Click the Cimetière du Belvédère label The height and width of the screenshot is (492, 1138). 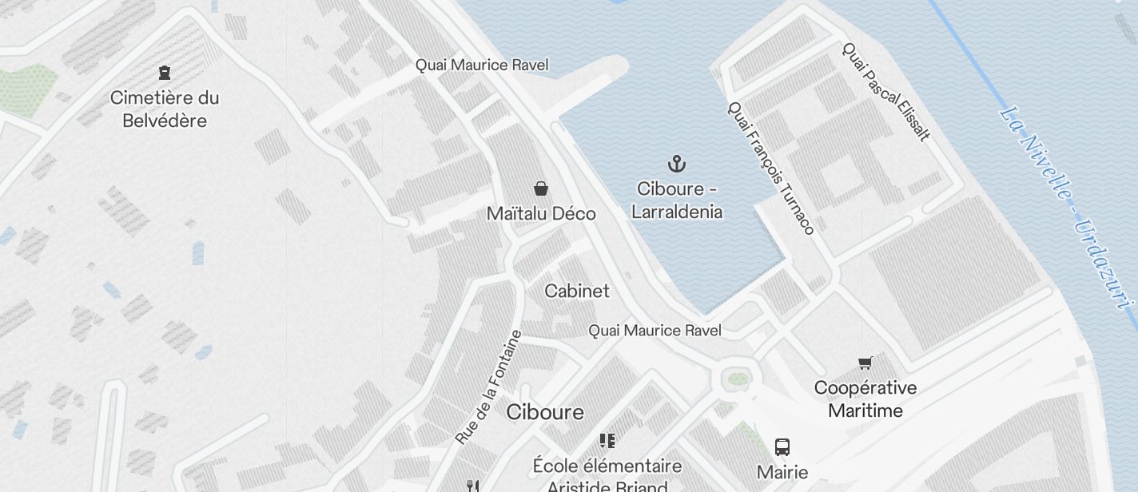[x=164, y=109]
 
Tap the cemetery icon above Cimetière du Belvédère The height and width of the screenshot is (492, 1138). [x=165, y=73]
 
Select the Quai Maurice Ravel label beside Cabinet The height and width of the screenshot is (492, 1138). [x=655, y=331]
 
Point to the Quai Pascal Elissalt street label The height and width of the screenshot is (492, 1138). [x=886, y=91]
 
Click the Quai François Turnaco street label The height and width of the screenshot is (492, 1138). [x=770, y=168]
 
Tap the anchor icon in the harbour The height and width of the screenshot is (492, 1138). [x=677, y=165]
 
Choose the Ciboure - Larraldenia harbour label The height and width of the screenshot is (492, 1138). [x=677, y=200]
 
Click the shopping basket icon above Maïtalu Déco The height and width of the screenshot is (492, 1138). [x=541, y=188]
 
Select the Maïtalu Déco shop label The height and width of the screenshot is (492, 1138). [x=541, y=214]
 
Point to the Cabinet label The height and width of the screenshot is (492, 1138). [x=576, y=292]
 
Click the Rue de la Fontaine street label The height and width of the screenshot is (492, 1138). [x=488, y=387]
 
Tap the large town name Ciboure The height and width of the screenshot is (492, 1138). [x=545, y=412]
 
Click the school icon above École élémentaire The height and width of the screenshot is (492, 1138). [x=607, y=441]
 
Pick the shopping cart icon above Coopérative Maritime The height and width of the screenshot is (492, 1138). [x=865, y=363]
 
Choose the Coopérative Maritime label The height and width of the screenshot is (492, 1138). [x=865, y=399]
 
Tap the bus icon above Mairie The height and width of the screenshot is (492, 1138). [x=782, y=447]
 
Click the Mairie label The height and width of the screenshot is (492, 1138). [x=782, y=472]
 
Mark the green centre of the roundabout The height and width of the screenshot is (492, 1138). [x=738, y=379]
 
